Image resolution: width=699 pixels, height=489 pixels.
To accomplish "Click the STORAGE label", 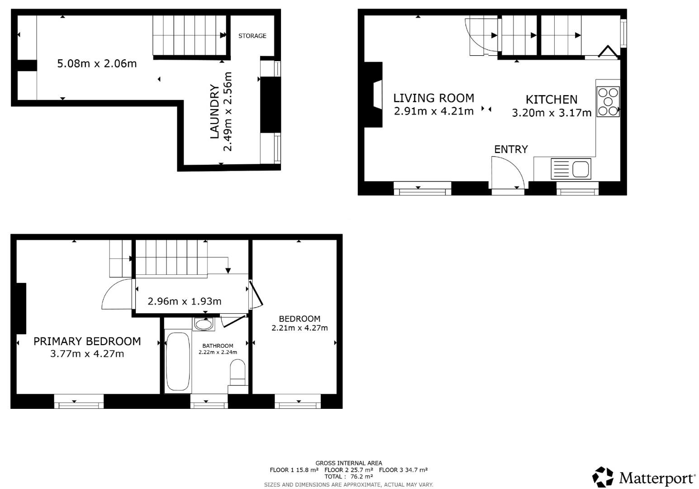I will [x=252, y=36].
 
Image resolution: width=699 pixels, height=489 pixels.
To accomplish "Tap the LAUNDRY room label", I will [x=214, y=111].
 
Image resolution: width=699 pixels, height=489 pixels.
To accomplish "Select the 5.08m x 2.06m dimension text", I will [x=97, y=63].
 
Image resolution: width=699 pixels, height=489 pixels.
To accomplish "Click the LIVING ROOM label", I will [x=433, y=98].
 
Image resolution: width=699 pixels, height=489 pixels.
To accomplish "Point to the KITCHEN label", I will [x=551, y=99].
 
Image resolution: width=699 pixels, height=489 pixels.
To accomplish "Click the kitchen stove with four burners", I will [x=608, y=101].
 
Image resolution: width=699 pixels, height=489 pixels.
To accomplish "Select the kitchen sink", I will [x=571, y=169].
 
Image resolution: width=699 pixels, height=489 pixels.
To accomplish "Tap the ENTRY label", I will [x=511, y=149].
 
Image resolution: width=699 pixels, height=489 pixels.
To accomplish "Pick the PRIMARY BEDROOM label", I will [x=87, y=341].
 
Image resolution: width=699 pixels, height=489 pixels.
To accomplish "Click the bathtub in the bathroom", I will [x=178, y=362].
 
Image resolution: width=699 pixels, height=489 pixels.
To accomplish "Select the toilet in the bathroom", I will [x=238, y=372].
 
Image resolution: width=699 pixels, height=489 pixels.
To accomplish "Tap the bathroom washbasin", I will [x=204, y=324].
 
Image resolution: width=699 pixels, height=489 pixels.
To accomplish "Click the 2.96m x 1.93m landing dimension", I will [x=185, y=301].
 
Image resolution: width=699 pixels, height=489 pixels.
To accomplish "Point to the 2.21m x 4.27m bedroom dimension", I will [x=300, y=328].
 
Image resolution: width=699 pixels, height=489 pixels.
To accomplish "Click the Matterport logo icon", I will [x=603, y=477].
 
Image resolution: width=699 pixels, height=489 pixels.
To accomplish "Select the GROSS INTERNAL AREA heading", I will [x=348, y=463].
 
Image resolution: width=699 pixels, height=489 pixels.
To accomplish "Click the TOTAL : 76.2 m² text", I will [x=348, y=476].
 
